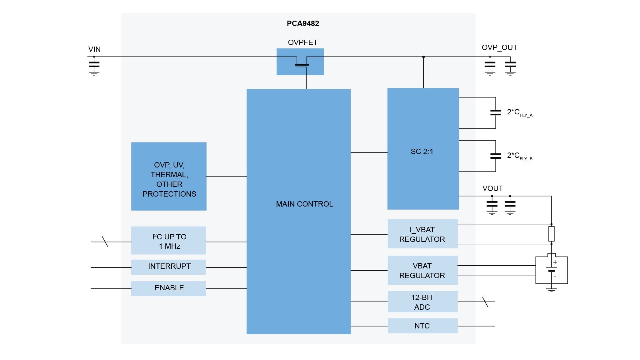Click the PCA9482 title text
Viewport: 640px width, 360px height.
303,23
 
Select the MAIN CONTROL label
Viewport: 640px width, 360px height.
304,204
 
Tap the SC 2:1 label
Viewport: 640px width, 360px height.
422,152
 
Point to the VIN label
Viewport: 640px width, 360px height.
94,49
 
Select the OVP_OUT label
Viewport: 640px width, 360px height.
499,47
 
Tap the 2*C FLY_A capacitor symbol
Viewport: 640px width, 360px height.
496,112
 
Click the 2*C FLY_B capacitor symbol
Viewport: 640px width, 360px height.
496,156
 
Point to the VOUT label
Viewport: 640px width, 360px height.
492,188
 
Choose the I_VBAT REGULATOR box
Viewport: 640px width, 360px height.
422,234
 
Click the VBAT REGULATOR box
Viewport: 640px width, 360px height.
422,270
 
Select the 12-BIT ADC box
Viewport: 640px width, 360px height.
422,302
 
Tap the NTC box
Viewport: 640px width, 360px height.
422,326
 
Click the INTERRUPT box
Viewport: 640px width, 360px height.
169,267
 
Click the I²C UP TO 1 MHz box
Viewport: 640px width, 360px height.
169,241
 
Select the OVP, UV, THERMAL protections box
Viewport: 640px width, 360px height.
169,177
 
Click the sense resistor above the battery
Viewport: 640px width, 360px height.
552,234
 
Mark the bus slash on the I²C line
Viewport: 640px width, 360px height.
105,242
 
